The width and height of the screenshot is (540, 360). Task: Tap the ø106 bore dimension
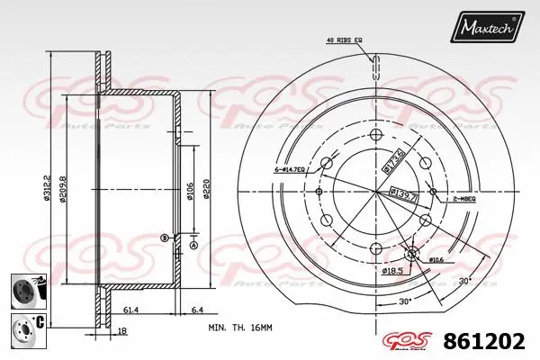point(190,191)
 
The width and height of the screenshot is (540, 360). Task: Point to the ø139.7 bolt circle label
point(400,193)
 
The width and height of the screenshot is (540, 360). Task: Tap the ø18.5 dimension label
point(391,270)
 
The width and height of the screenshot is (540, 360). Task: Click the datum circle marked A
point(193,244)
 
